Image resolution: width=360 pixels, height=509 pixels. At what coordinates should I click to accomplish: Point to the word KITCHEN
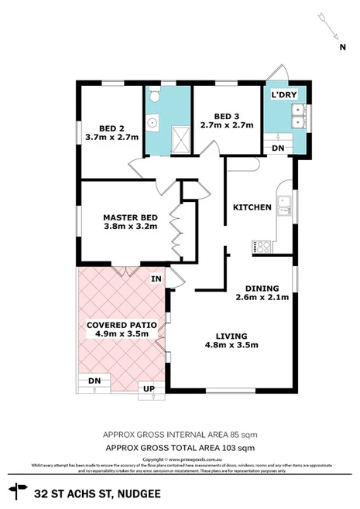click(x=252, y=207)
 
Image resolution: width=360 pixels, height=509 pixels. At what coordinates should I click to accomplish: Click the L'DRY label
click(x=283, y=94)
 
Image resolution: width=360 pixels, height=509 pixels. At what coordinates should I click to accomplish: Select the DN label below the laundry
click(x=276, y=149)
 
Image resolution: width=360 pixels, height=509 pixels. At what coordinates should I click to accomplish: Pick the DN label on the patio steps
click(x=94, y=381)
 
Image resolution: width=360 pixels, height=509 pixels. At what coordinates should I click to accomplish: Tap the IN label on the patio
click(x=156, y=278)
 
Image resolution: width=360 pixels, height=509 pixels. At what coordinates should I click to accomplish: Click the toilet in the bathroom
click(x=153, y=97)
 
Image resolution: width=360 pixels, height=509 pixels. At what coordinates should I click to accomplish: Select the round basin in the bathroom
click(x=153, y=122)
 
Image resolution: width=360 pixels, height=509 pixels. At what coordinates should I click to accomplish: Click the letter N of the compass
click(x=341, y=46)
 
